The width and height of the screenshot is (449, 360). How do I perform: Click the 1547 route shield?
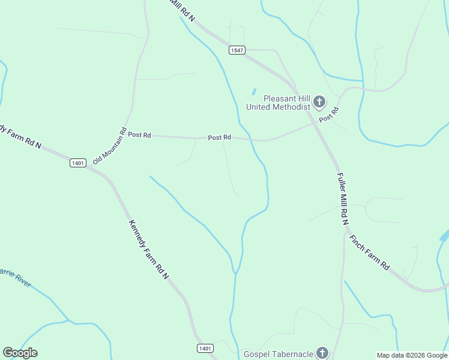coord(237,50)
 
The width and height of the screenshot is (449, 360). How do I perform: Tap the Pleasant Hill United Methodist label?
coord(279,103)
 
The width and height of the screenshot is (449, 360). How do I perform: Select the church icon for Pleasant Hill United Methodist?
coord(319,102)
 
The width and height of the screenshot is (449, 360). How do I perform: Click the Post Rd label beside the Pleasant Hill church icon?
coord(330,115)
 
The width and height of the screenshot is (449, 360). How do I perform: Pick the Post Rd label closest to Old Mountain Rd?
coord(139,135)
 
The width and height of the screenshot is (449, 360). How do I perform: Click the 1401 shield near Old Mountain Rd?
coord(78,163)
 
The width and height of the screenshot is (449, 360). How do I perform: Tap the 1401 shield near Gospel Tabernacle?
coord(205,348)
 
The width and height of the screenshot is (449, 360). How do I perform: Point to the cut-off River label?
coord(15,278)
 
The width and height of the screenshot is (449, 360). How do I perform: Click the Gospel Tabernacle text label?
coord(279,354)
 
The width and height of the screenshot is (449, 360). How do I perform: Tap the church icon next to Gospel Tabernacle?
coord(322,353)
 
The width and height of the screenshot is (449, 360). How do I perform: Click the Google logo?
coord(20,353)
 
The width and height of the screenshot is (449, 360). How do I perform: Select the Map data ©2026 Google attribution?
coord(412,355)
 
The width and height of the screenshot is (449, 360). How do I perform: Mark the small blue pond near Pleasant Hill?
coord(254,92)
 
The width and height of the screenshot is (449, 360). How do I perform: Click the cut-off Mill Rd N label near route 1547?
coord(182,10)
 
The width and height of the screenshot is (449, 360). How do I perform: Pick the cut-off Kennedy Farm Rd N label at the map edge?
coord(20,137)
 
